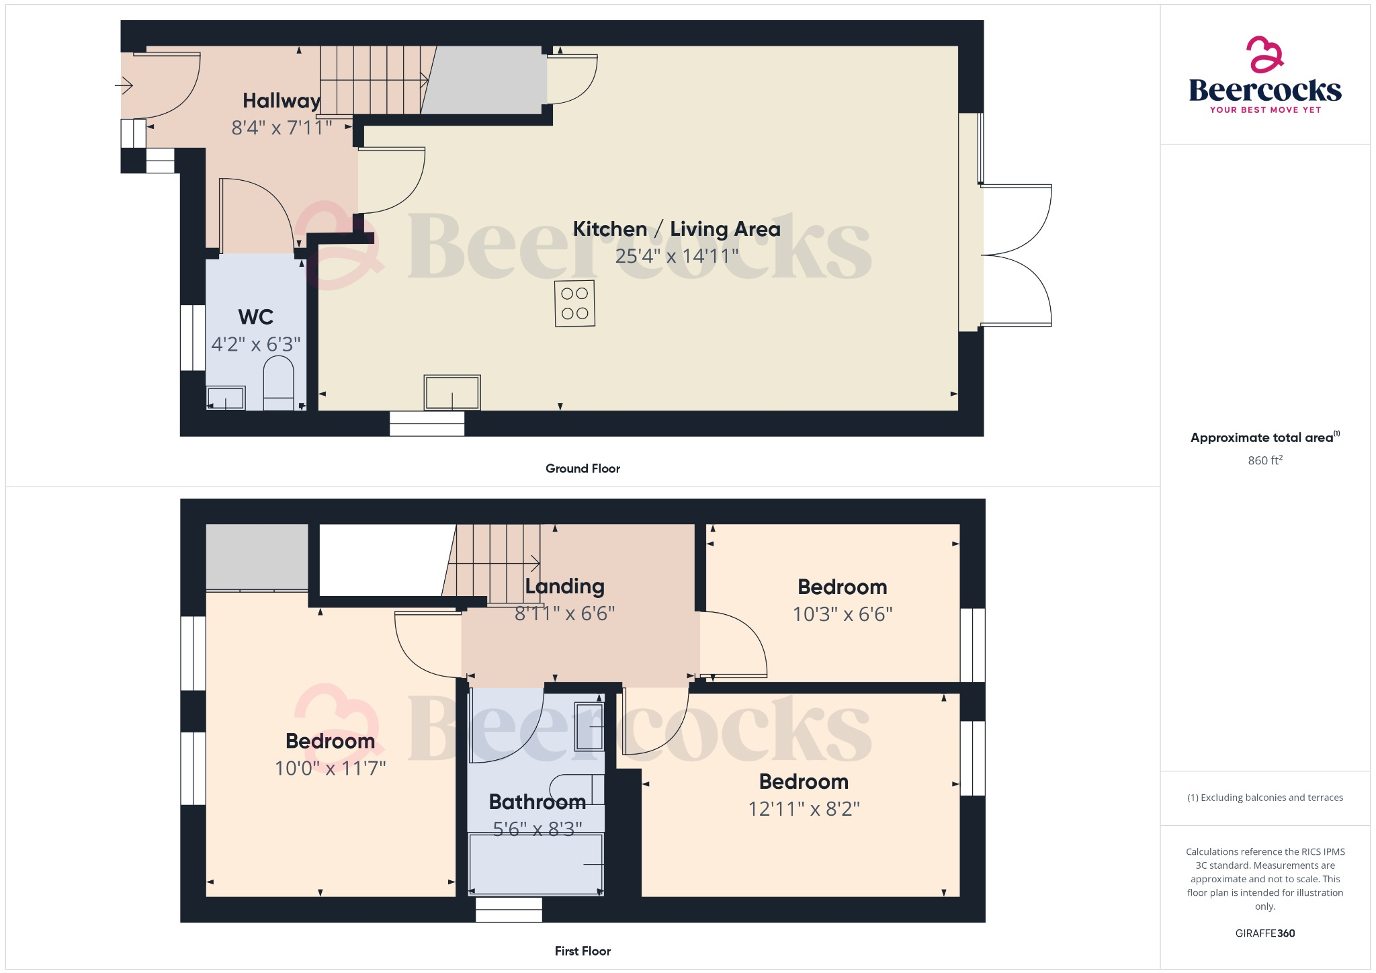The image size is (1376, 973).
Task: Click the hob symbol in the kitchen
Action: point(574,303)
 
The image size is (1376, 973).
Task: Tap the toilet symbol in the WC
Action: point(278,382)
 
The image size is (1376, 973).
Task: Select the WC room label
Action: point(255,316)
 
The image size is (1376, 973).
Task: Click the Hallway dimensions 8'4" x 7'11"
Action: point(282,128)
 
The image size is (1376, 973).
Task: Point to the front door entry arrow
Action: point(124,85)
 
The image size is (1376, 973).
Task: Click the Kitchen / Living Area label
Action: point(676,229)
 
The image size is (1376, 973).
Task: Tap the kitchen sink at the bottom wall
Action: point(451,392)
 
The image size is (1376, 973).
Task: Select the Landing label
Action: point(564,586)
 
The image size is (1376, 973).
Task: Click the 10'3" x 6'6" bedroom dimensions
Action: point(842,614)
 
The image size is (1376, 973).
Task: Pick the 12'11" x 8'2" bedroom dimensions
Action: point(804,808)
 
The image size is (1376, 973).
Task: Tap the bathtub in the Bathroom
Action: point(535,863)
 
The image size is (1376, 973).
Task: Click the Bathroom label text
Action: point(537,802)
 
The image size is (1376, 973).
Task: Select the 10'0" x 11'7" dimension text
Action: point(330,768)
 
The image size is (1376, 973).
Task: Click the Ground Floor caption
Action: point(583,468)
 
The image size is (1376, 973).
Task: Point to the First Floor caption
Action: point(583,951)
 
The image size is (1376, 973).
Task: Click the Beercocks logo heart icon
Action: point(1264,54)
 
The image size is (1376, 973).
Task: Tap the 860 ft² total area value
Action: point(1264,460)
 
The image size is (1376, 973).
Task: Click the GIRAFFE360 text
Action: point(1264,933)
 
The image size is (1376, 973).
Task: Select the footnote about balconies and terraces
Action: point(1264,798)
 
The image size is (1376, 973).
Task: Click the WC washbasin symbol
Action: point(225,398)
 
